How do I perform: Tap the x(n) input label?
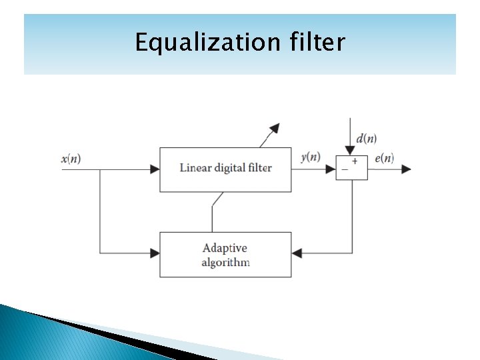(71, 159)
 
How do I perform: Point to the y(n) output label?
(311, 157)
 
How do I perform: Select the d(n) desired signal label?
(366, 139)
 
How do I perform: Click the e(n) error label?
(384, 158)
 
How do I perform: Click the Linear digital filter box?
(225, 169)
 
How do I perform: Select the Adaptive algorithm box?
(225, 255)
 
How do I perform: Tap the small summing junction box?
(351, 167)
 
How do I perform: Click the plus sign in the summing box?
(355, 161)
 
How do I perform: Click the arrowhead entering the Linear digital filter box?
(155, 169)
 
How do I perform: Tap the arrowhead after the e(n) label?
(405, 169)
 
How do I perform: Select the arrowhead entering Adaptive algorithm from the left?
(155, 253)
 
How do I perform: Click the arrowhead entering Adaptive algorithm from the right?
(297, 253)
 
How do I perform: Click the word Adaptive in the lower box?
(225, 248)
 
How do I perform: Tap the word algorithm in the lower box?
(225, 262)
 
